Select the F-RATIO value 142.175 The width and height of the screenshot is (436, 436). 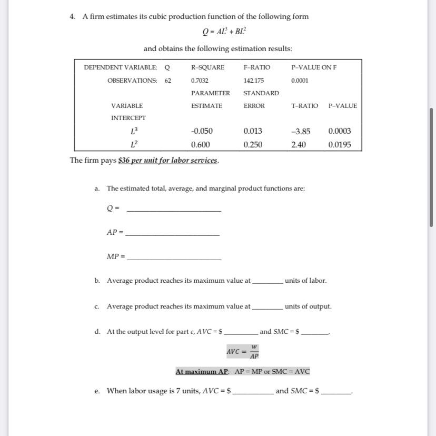[x=254, y=81]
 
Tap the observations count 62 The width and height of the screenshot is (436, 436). [x=167, y=81]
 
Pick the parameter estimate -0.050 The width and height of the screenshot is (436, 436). [x=202, y=131]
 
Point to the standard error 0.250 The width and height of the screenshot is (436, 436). [x=253, y=144]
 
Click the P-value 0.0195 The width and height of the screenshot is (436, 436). [x=340, y=144]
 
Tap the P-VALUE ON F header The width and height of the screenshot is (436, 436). [x=314, y=67]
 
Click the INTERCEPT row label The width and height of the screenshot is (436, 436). [x=128, y=118]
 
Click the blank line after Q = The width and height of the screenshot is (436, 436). [x=174, y=210]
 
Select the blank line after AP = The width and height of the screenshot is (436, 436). [x=172, y=234]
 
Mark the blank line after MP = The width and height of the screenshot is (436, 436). [x=174, y=259]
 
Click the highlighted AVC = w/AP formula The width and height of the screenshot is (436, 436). [x=243, y=351]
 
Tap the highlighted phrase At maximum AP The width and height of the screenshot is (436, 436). [x=202, y=371]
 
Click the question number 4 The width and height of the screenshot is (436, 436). [x=72, y=16]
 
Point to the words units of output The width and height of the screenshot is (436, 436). [x=308, y=306]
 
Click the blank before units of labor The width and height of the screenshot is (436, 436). [x=267, y=282]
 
